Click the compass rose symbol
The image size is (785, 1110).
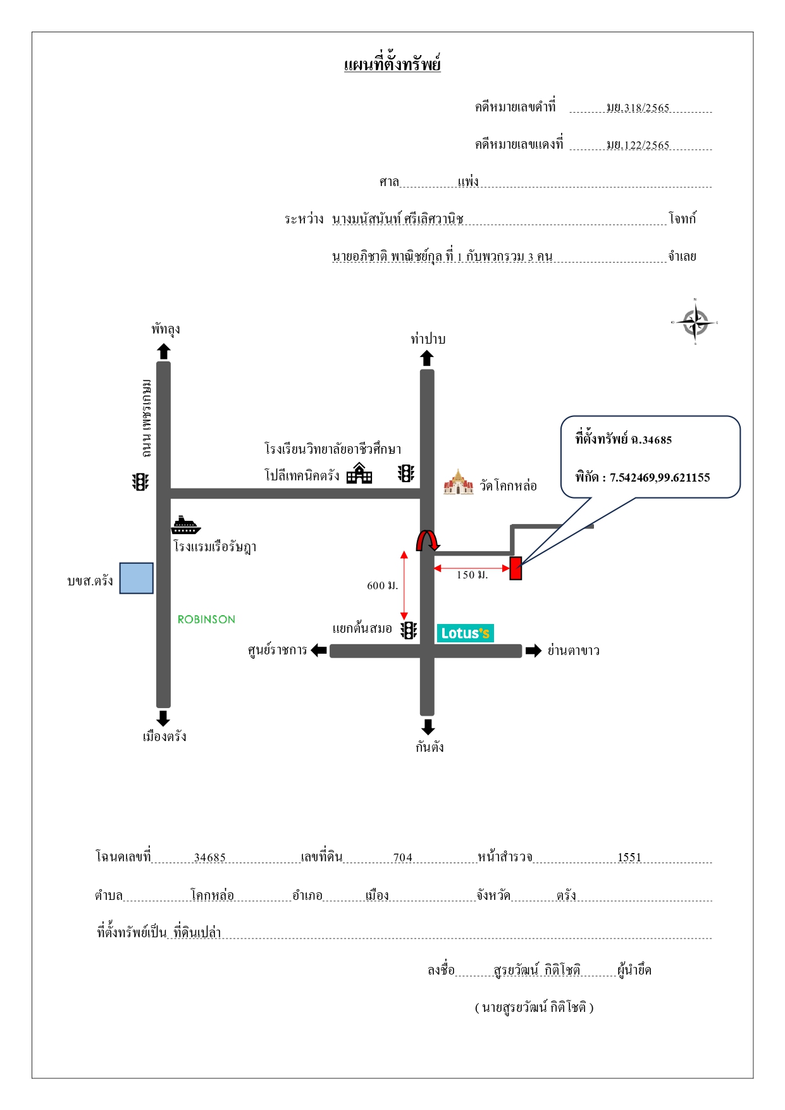coord(695,322)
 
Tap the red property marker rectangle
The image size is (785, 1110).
coord(516,568)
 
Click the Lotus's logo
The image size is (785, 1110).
coord(465,633)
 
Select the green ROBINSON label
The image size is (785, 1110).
coord(206,620)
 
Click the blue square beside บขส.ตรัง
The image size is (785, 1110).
coord(137,578)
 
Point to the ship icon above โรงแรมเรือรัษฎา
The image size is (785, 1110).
coord(186,525)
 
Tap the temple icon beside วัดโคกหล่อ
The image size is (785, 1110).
coord(459,482)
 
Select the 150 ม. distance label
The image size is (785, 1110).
coord(472,575)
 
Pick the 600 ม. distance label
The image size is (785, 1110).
coord(383,585)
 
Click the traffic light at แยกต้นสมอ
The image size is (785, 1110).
coord(409,630)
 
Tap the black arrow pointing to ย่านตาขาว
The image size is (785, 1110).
coord(534,651)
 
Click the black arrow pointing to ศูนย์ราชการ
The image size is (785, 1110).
coord(319,651)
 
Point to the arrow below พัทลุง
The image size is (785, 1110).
coord(163,351)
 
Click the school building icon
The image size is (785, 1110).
coord(359,473)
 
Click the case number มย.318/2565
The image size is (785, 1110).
coord(638,108)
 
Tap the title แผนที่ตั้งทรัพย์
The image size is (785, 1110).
coord(392,65)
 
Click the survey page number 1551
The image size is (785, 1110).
coord(629,857)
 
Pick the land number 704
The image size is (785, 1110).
coord(403,857)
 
